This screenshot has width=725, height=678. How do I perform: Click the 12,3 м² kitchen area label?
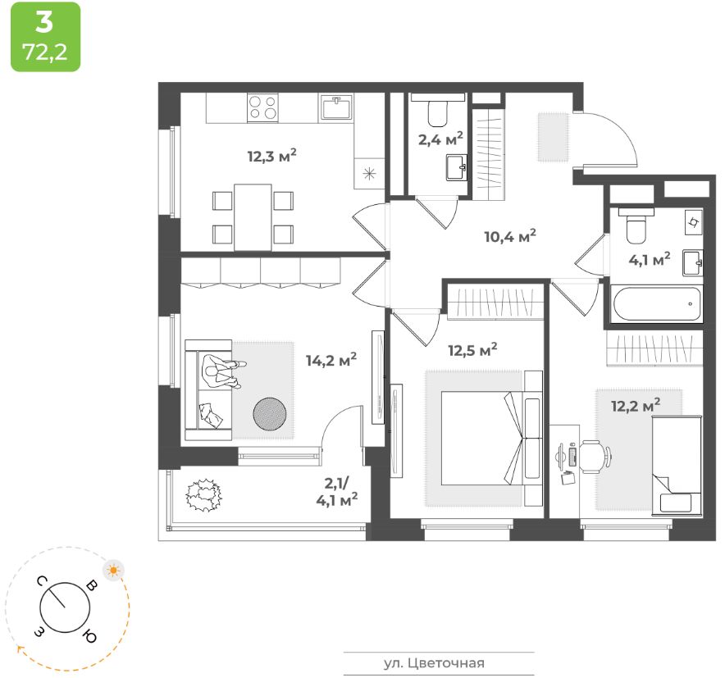pos(271,156)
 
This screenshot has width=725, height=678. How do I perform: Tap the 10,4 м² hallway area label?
pos(509,238)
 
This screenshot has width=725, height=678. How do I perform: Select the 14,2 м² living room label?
pos(331,359)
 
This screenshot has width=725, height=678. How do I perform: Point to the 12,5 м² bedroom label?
pos(473,350)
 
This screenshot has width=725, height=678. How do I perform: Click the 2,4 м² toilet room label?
pos(440,138)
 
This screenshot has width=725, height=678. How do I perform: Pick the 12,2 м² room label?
pos(636,404)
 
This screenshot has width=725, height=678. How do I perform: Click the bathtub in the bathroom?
pos(655,304)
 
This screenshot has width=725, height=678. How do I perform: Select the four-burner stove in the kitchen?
pos(262,107)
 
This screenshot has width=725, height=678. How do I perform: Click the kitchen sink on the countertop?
pos(336,107)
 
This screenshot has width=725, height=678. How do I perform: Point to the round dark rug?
pos(271,414)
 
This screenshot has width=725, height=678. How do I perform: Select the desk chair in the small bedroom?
pos(595,456)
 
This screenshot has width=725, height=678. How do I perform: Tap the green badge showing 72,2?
pos(45,37)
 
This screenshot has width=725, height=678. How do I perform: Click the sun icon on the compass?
pos(113,569)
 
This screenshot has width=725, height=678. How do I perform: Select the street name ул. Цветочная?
pos(439,663)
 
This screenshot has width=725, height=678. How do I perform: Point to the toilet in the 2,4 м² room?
pos(438,109)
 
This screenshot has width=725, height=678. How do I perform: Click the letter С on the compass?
pos(41,581)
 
